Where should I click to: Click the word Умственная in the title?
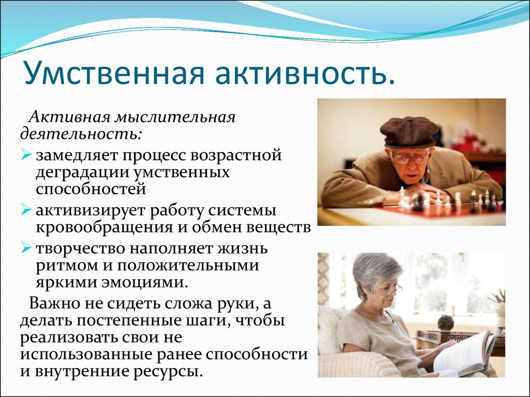pos(114,72)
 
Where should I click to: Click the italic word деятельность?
pos(81,133)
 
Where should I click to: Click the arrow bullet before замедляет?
pos(26,155)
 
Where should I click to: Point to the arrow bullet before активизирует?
pos(26,209)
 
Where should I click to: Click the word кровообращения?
pos(104,228)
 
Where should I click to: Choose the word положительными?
pos(188,265)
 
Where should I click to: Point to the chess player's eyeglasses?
pos(410,158)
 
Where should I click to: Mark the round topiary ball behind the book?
pos(446,322)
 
